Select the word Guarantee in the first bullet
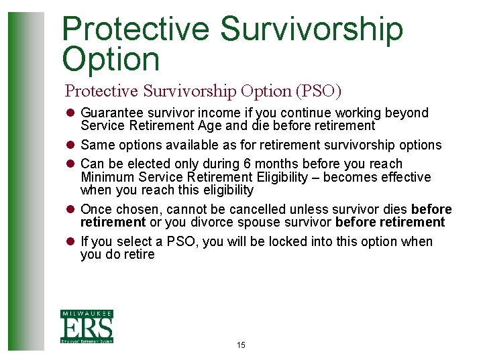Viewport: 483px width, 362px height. coord(110,113)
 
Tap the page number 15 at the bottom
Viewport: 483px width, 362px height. coord(241,345)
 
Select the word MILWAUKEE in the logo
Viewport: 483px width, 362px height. coord(87,314)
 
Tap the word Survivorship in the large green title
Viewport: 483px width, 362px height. coord(311,29)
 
